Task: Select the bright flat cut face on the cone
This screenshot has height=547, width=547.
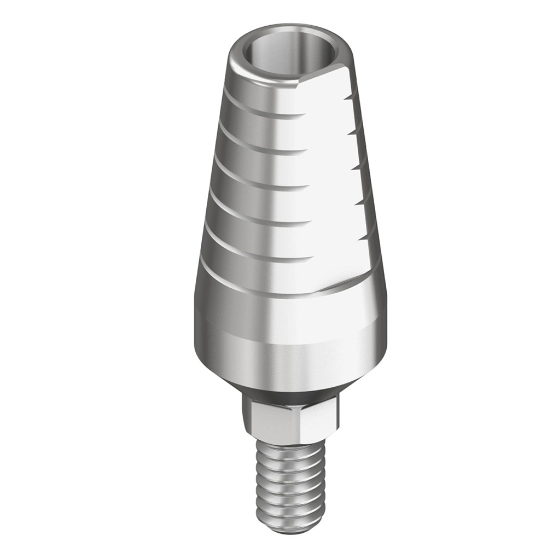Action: coord(328,181)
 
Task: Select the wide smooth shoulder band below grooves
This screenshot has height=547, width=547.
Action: coord(290,317)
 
